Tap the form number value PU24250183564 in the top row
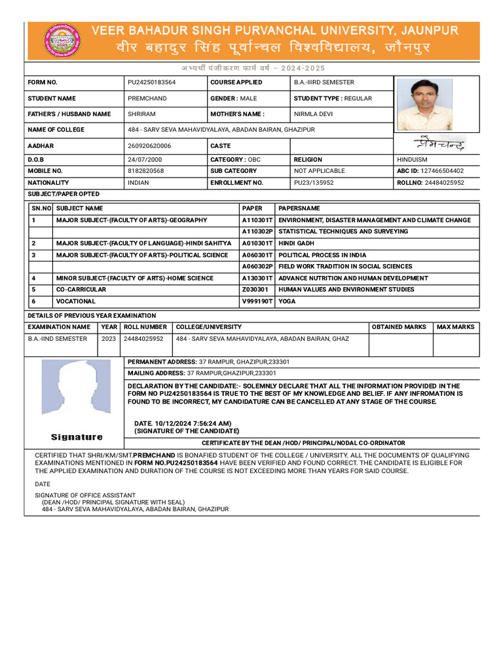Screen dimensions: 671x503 pos(151,83)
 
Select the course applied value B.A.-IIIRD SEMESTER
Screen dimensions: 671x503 pos(324,83)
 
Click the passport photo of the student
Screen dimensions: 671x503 pos(425,105)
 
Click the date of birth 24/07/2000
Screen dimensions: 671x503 pos(145,159)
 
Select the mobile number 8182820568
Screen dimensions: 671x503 pos(145,171)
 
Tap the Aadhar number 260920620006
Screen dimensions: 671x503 pos(149,146)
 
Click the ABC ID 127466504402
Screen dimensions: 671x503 pos(444,171)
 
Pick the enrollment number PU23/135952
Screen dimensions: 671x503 pos(314,183)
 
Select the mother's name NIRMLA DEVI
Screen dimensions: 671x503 pos(313,114)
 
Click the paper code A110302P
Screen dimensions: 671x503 pos(257,231)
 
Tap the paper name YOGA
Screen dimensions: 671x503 pos(287,301)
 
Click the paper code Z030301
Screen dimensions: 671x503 pos(255,290)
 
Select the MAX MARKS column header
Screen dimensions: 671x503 pos(455,327)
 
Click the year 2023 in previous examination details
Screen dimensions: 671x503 pos(108,339)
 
